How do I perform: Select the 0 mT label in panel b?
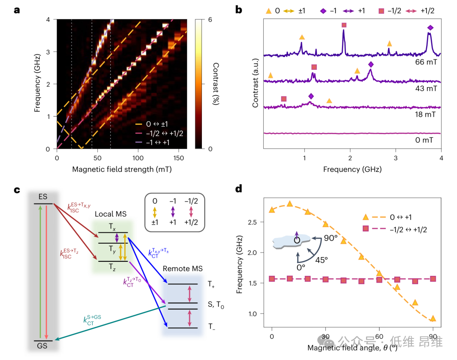pyautogui.click(x=426, y=140)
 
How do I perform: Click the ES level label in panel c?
pyautogui.click(x=43, y=197)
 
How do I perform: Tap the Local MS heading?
pyautogui.click(x=110, y=214)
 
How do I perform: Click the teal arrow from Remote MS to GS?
pyautogui.click(x=110, y=322)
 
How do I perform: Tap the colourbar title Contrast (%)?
pyautogui.click(x=216, y=84)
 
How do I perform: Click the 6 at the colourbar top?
pyautogui.click(x=210, y=20)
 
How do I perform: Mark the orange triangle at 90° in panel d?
pyautogui.click(x=432, y=319)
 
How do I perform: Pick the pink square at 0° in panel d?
pyautogui.click(x=272, y=279)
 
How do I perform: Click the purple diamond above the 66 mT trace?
pyautogui.click(x=430, y=28)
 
